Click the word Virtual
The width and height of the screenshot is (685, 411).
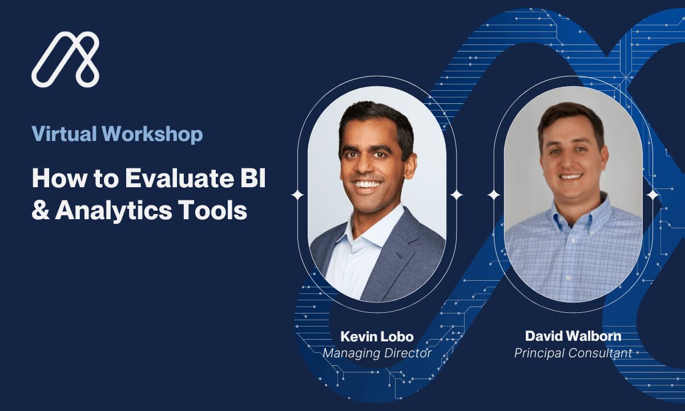tap(64, 134)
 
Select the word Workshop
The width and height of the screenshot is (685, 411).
tap(152, 135)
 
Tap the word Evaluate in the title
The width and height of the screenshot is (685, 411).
tap(179, 178)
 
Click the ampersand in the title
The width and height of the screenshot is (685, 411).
tap(41, 210)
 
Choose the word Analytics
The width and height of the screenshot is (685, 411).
tap(114, 211)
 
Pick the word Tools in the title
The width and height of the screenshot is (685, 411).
tap(212, 210)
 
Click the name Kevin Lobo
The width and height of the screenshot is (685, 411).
tap(377, 336)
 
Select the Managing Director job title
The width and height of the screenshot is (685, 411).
tap(377, 353)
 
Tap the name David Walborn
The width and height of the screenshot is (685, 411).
tap(573, 336)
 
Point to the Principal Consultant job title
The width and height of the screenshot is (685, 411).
tap(573, 353)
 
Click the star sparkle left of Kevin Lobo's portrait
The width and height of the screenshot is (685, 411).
tap(297, 195)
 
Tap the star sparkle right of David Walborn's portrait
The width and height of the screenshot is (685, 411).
tap(652, 195)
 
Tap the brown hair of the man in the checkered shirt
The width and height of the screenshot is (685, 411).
tap(570, 116)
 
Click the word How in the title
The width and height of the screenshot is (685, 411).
tap(59, 178)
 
